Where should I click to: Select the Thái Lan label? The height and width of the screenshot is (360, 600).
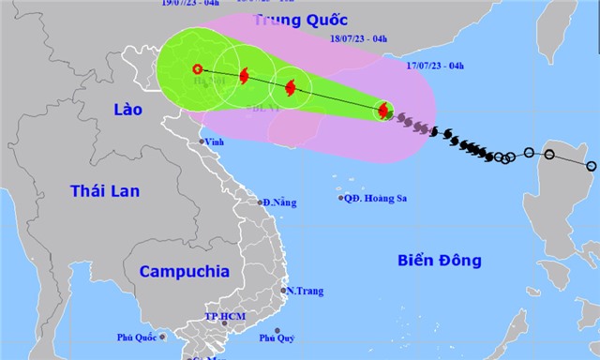coord(105,191)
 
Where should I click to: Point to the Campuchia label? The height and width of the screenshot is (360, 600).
coord(184,271)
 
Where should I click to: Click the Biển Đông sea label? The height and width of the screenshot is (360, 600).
coord(439,260)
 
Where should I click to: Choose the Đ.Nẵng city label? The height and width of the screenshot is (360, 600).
coord(279,202)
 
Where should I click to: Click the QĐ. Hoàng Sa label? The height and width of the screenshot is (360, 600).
coord(376,198)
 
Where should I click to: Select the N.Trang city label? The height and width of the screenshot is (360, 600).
coord(306,292)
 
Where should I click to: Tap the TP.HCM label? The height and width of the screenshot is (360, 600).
coord(224,317)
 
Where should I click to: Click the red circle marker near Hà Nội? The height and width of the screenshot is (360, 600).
coord(197,68)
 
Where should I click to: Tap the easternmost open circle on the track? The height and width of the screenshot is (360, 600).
coord(591,166)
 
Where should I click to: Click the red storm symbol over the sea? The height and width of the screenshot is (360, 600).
coord(383,112)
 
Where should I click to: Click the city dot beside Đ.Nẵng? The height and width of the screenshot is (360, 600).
coord(261,202)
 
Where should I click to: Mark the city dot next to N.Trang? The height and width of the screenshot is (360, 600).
coord(284,291)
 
